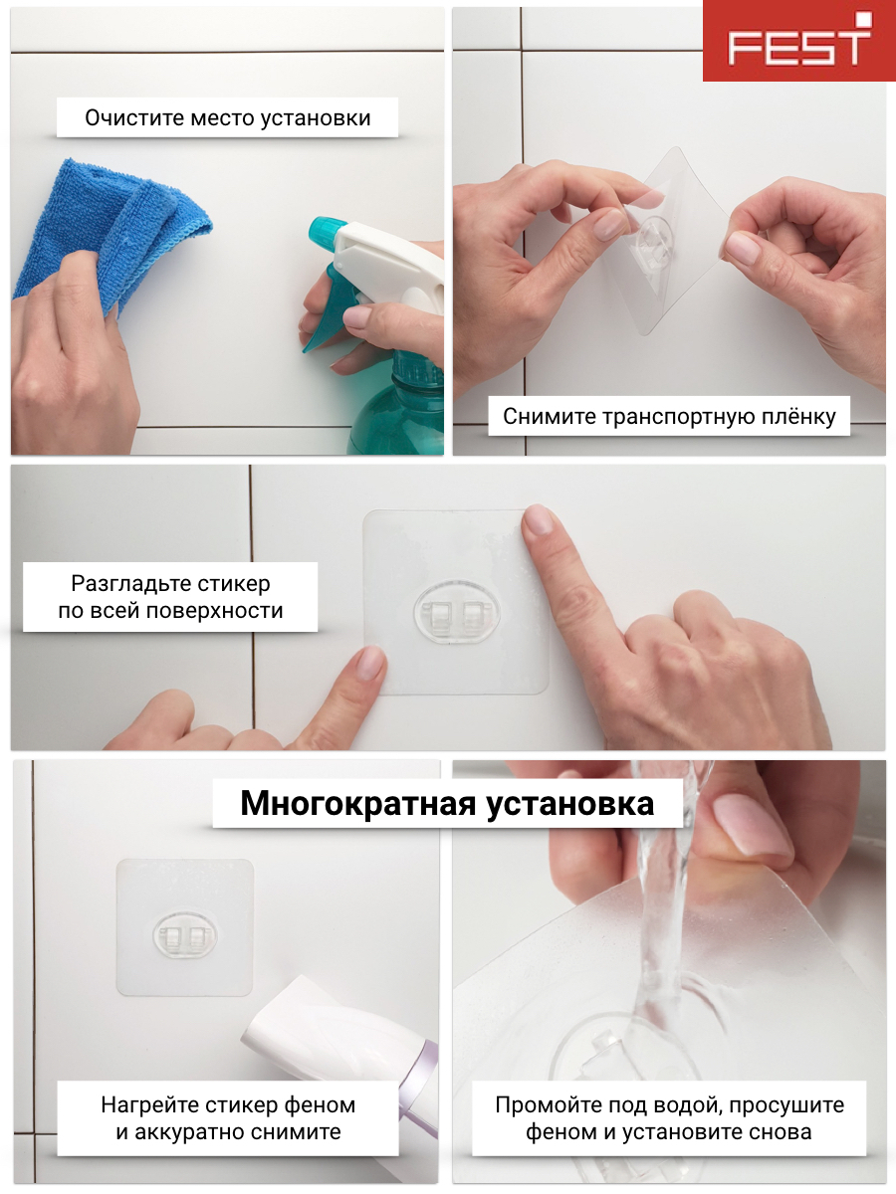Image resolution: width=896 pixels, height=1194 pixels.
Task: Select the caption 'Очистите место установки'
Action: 227,117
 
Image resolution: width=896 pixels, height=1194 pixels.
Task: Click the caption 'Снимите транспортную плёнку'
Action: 668,416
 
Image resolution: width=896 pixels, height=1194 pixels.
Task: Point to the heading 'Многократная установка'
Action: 447,803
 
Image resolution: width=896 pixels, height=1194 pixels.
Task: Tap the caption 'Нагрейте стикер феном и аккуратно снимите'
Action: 228,1118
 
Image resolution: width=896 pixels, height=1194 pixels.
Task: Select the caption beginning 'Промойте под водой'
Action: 669,1118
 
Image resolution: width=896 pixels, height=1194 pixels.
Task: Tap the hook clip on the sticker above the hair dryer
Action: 184,935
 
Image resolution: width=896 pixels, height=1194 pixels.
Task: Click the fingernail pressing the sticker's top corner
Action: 538,520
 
